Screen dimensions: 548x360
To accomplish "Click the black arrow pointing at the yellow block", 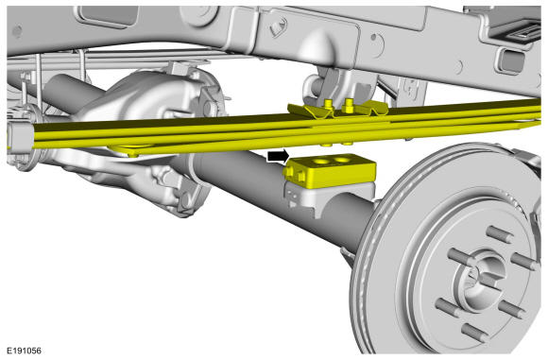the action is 279,156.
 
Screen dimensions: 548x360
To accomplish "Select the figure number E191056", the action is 24,351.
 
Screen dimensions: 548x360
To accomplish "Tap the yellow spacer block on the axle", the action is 331,170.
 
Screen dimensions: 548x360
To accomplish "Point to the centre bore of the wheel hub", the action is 484,275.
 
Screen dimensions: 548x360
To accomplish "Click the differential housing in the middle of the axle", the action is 140,105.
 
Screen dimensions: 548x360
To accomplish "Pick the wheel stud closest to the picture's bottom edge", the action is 475,333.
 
